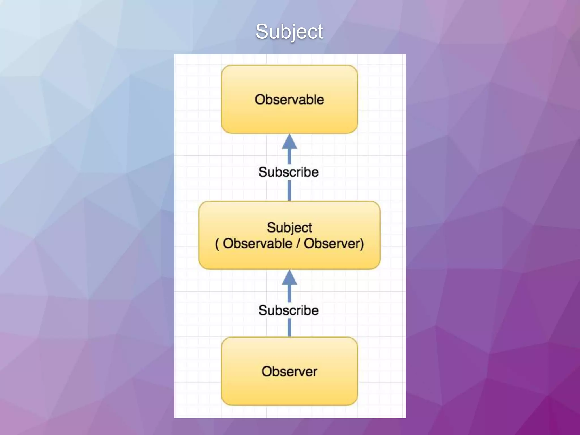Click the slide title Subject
click(x=289, y=31)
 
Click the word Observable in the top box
click(x=289, y=100)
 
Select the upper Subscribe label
click(x=288, y=172)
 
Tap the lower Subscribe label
click(x=288, y=310)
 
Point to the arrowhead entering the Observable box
click(x=289, y=142)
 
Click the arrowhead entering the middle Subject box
click(x=289, y=278)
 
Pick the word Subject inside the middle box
click(x=289, y=228)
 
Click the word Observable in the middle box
click(x=257, y=244)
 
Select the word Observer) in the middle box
click(x=334, y=244)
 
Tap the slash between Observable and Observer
click(x=298, y=244)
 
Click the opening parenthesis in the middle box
click(x=217, y=244)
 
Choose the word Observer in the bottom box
click(x=289, y=372)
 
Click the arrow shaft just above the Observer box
click(x=289, y=328)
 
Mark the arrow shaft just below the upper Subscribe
click(x=289, y=190)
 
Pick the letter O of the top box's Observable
click(x=260, y=100)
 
